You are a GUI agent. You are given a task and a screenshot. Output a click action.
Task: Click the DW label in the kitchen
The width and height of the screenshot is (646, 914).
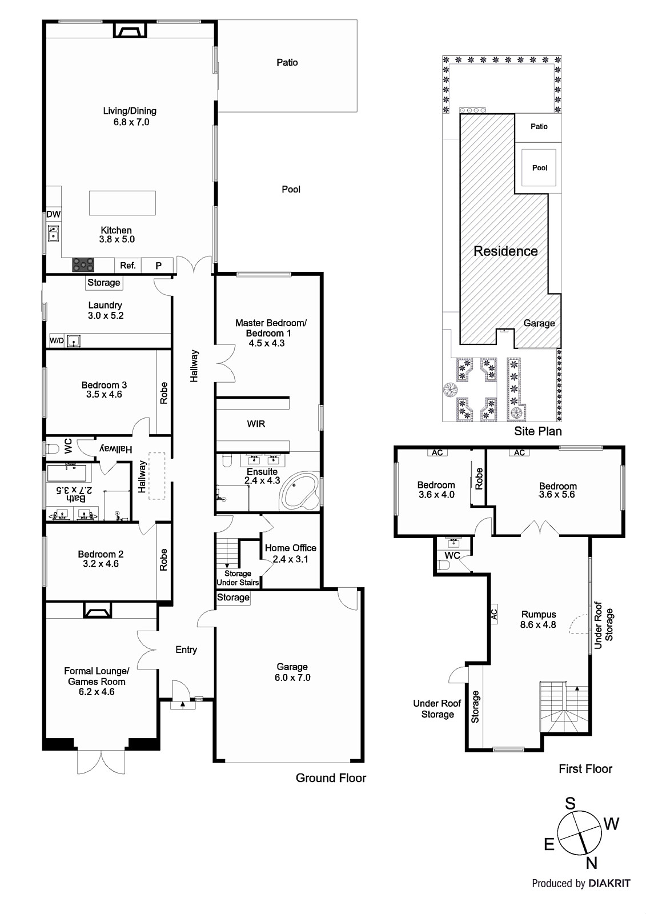[x=54, y=214]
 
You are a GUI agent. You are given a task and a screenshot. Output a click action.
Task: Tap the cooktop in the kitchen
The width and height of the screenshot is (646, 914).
[x=83, y=265]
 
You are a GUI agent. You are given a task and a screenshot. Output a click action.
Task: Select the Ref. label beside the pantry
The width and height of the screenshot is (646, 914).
[x=128, y=266]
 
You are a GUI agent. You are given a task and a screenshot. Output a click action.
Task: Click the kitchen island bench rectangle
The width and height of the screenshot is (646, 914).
[x=122, y=203]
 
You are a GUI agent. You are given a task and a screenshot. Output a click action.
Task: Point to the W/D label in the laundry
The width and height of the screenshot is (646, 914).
[x=57, y=341]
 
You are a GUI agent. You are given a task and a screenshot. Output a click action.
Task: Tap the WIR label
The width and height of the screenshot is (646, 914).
[x=256, y=424]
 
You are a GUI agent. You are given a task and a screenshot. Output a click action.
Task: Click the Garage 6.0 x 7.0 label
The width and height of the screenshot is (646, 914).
[x=292, y=672]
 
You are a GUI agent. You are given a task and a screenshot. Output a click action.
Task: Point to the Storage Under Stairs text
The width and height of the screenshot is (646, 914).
[x=238, y=578]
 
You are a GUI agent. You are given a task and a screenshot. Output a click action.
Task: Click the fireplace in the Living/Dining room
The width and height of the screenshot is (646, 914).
[x=129, y=30]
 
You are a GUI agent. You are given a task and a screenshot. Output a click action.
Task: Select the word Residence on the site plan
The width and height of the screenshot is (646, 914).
[x=505, y=251]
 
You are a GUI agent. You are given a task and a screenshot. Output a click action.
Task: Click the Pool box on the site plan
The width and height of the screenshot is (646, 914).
[x=539, y=168]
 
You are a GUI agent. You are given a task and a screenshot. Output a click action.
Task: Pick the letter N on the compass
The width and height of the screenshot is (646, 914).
[x=592, y=863]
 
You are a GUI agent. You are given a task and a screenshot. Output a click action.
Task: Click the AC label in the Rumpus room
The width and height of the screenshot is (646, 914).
[x=494, y=614]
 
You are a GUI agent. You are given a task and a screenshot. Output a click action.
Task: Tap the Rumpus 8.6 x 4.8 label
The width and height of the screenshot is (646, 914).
[x=538, y=620]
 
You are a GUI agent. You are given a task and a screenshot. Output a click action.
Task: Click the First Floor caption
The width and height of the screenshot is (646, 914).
[x=585, y=769]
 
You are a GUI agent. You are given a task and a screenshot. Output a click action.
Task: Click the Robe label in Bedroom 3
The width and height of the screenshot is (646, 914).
[x=164, y=393]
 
